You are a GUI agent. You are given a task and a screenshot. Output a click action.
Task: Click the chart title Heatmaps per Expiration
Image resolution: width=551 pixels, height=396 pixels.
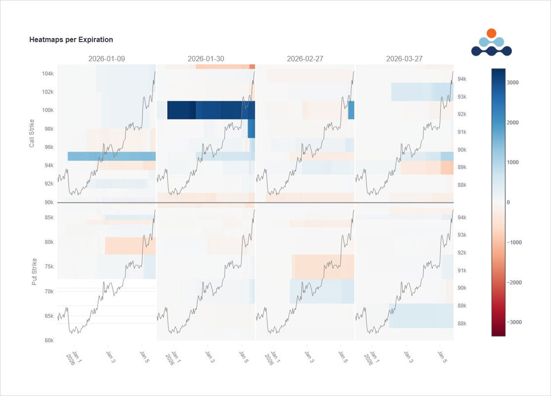point(71,40)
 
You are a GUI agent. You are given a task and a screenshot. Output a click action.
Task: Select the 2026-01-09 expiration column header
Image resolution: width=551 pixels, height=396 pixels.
point(106,58)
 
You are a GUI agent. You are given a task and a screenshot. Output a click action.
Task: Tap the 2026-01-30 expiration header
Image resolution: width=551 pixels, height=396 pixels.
point(206,58)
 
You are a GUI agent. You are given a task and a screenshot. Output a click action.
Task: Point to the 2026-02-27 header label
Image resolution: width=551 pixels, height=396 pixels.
point(305,58)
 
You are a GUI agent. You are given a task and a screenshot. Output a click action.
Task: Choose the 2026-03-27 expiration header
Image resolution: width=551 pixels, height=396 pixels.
point(404,58)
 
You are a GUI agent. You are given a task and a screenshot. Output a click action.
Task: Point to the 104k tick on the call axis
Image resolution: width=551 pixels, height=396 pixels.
point(47,74)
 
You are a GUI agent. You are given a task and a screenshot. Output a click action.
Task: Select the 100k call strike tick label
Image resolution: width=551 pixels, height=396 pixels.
point(47,110)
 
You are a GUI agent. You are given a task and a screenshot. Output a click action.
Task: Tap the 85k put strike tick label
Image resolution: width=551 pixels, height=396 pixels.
point(49,217)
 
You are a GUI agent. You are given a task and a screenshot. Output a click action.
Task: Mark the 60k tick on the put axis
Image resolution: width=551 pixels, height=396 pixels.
point(49,340)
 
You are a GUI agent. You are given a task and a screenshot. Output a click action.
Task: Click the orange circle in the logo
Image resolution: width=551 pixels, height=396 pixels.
point(491,33)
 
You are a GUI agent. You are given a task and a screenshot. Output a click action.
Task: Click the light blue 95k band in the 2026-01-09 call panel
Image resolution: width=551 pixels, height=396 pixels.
point(111,156)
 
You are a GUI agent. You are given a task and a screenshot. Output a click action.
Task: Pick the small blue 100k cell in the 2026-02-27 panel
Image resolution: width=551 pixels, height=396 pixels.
point(351,110)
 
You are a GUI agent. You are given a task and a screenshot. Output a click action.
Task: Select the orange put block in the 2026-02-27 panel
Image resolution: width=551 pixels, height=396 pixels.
point(322,266)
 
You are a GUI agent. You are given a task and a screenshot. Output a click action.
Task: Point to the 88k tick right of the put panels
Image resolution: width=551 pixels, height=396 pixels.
point(460,324)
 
